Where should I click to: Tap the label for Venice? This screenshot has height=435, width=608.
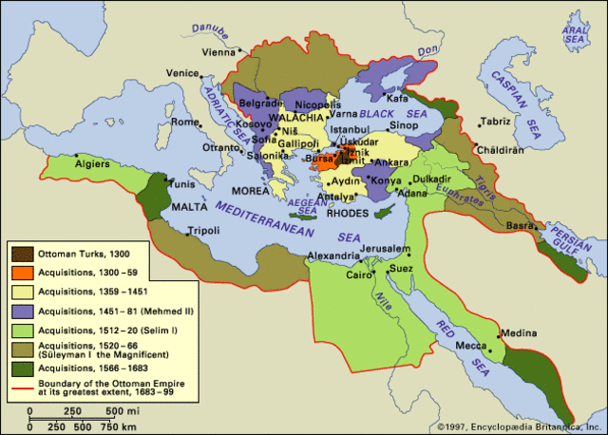coord(180,73)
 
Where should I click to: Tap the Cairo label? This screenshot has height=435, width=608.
coord(358,276)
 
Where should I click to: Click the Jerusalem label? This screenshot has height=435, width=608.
coord(409,248)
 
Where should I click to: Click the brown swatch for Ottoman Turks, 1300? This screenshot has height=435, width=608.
coord(21,254)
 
